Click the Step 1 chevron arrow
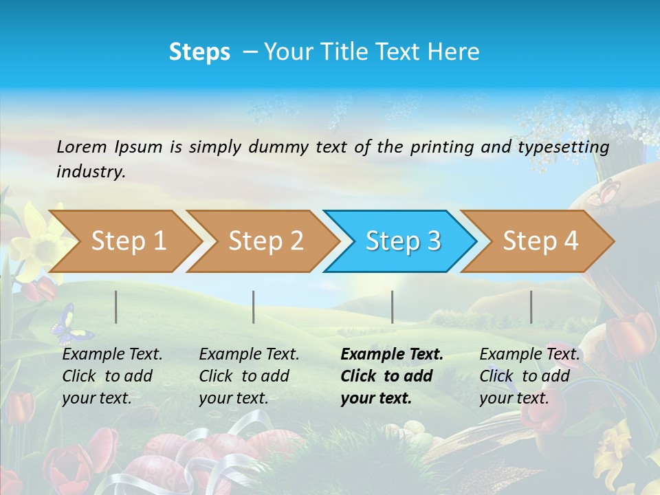click(128, 241)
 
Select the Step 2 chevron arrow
click(265, 241)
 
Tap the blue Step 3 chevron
click(403, 241)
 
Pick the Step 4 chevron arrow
click(540, 241)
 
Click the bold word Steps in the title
click(199, 52)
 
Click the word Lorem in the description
click(82, 146)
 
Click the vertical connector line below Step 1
click(116, 307)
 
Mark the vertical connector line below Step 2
click(254, 307)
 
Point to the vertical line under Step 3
click(392, 307)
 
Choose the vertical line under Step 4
click(531, 307)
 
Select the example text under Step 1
click(112, 376)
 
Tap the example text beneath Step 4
click(529, 376)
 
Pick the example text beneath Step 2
click(249, 376)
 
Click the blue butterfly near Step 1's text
click(70, 325)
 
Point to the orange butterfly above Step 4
click(603, 192)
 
